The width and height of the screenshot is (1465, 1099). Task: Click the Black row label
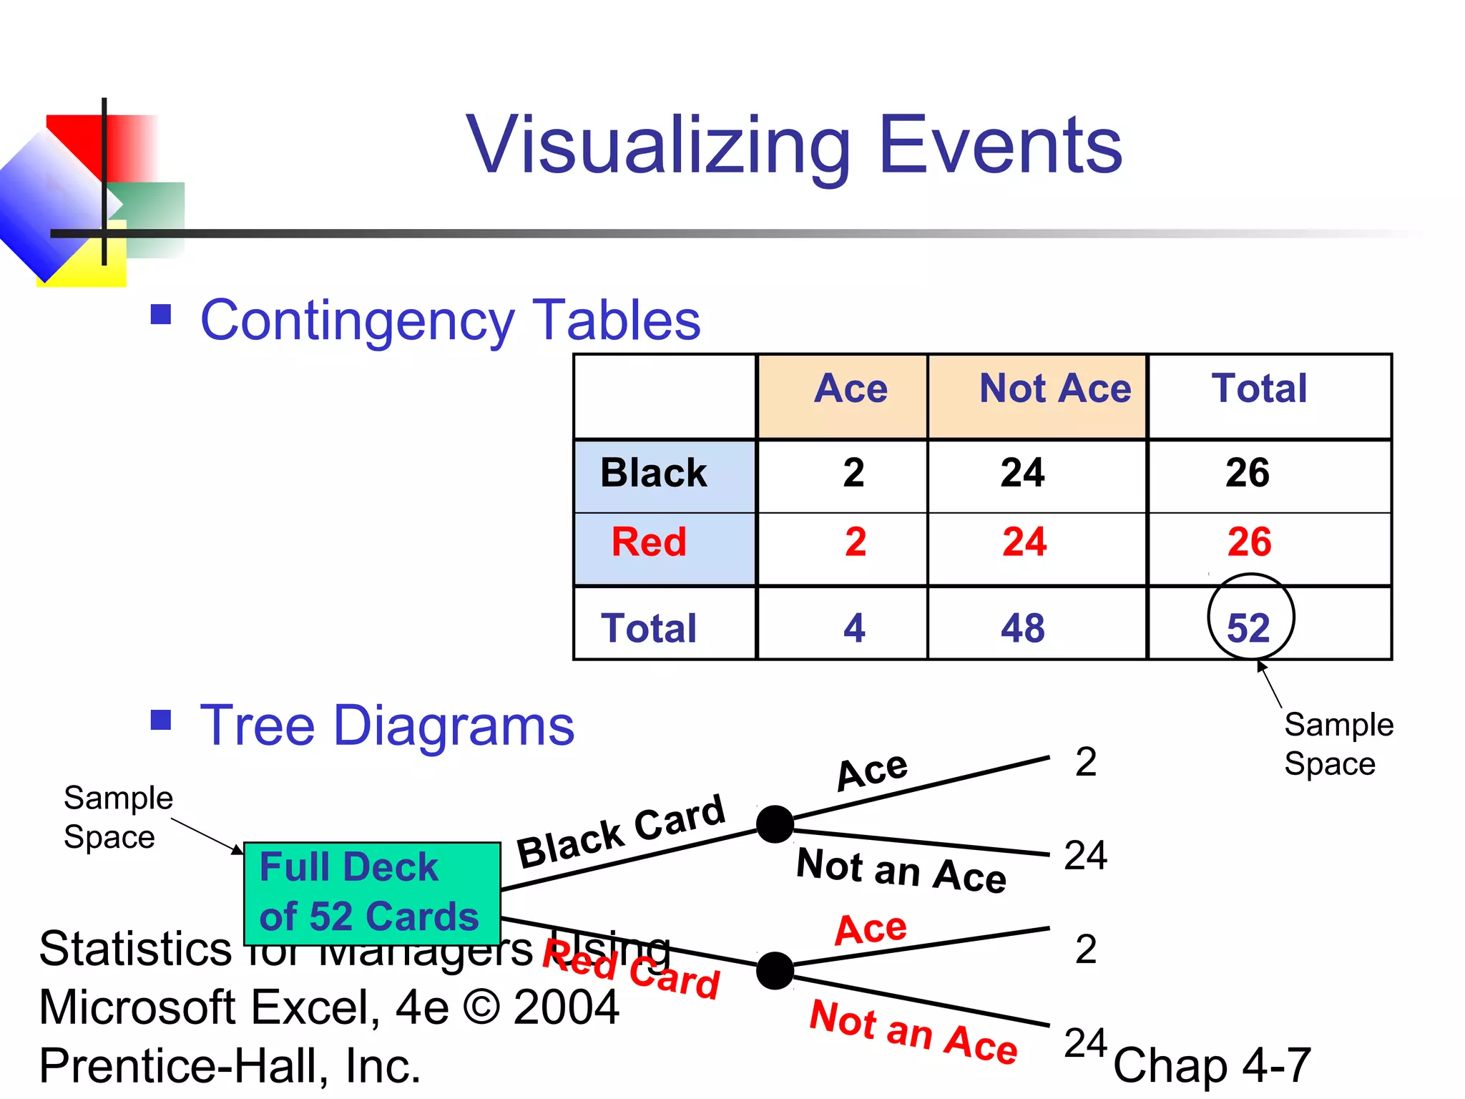tap(653, 473)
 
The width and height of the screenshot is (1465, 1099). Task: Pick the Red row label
tap(649, 542)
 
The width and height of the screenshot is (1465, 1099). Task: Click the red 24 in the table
tap(1024, 542)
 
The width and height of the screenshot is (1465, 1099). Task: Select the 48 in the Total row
tap(1022, 628)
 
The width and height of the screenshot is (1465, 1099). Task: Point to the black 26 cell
tap(1247, 473)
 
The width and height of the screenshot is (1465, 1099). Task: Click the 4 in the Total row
tap(854, 628)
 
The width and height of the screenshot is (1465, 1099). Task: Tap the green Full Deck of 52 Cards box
tap(371, 893)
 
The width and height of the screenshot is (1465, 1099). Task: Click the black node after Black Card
tap(775, 824)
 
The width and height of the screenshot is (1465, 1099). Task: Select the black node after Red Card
tap(775, 970)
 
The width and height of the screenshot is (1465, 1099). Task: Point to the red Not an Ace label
tap(913, 1032)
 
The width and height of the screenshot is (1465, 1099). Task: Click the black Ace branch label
tap(872, 771)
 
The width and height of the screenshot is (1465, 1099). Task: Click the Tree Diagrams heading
tap(386, 726)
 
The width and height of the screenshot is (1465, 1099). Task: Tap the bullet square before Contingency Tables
tap(161, 314)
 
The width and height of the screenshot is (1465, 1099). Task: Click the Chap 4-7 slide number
tap(1212, 1065)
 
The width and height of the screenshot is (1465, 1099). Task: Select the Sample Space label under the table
tap(1338, 744)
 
